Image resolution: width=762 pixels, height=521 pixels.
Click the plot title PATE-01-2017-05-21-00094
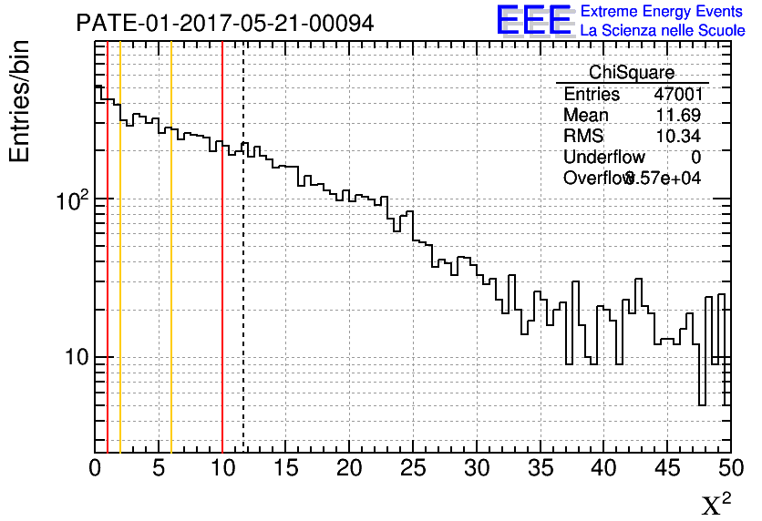tap(225, 24)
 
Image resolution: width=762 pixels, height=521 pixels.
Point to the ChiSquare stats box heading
tap(632, 73)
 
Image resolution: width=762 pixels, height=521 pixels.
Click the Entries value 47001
tap(678, 95)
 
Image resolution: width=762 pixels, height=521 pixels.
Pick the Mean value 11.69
tap(679, 116)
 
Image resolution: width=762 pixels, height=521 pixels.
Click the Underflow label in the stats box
tap(603, 158)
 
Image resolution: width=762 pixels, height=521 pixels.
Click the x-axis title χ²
tap(716, 504)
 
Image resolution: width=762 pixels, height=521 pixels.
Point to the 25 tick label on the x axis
tap(413, 469)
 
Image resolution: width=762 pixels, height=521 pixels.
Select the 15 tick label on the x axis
tap(286, 469)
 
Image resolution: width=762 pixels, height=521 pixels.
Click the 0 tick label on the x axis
tap(95, 469)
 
